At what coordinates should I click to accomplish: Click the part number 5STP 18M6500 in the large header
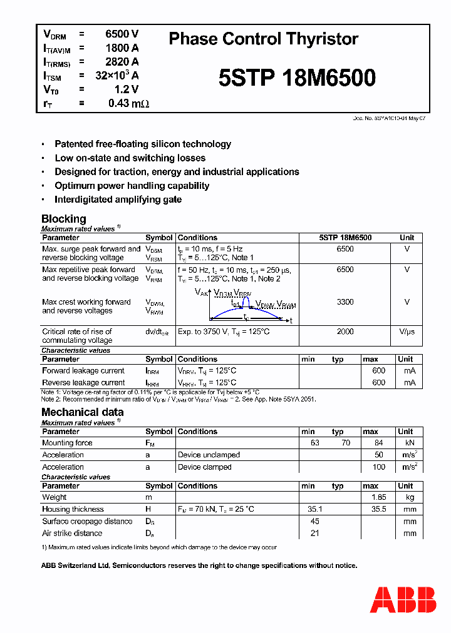[x=297, y=78]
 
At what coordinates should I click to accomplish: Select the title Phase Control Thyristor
[x=263, y=39]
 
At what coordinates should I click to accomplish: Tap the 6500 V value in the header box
[x=122, y=34]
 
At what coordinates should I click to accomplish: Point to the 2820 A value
[x=122, y=61]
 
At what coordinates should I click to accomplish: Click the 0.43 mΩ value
[x=128, y=103]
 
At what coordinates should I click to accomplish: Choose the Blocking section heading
[x=63, y=219]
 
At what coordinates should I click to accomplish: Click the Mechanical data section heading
[x=82, y=412]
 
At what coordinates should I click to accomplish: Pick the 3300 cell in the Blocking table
[x=345, y=301]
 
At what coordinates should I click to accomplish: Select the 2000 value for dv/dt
[x=345, y=332]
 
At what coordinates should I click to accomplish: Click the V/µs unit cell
[x=407, y=332]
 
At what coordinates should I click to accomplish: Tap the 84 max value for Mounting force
[x=378, y=443]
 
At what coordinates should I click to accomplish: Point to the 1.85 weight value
[x=378, y=497]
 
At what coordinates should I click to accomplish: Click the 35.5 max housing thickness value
[x=378, y=509]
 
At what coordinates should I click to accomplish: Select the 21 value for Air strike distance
[x=315, y=533]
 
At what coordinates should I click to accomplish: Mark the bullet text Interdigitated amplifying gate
[x=118, y=200]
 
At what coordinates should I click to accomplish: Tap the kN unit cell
[x=410, y=443]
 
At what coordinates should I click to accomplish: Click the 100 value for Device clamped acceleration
[x=378, y=467]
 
